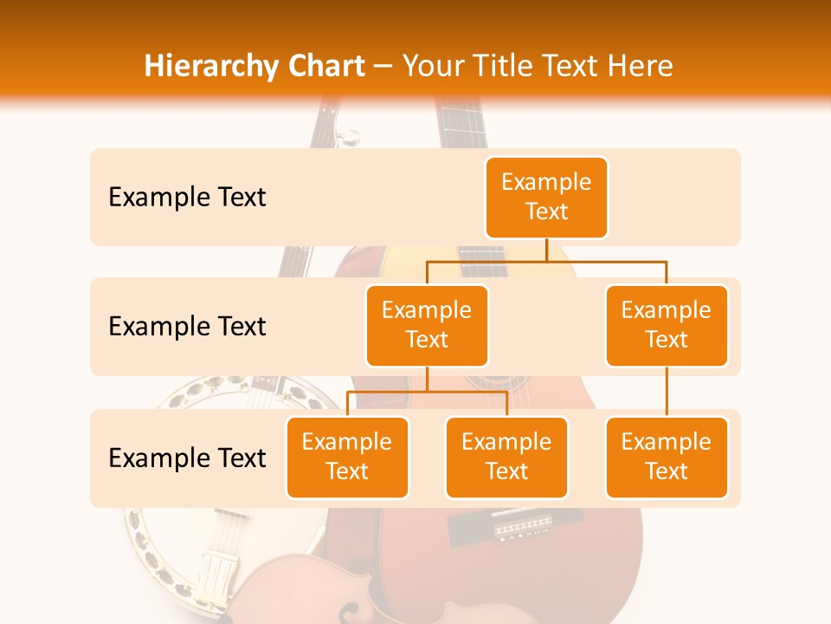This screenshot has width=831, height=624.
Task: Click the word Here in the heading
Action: coord(635,67)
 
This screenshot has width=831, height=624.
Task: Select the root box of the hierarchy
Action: coord(546,197)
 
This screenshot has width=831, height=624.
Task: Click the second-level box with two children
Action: coord(427,325)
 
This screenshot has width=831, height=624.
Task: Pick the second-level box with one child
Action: coord(667,325)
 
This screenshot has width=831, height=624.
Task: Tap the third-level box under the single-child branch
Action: coord(667,457)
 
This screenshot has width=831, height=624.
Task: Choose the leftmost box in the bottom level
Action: coord(347,457)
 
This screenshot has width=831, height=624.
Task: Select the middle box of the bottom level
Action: coord(506,457)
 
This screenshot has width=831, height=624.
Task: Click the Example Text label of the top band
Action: coord(187,198)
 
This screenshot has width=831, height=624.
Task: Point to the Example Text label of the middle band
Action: coord(187,327)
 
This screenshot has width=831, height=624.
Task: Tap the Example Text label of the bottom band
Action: coord(187,458)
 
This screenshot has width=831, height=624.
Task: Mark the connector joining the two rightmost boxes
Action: coord(667,392)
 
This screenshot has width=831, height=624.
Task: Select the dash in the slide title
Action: coord(383,68)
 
